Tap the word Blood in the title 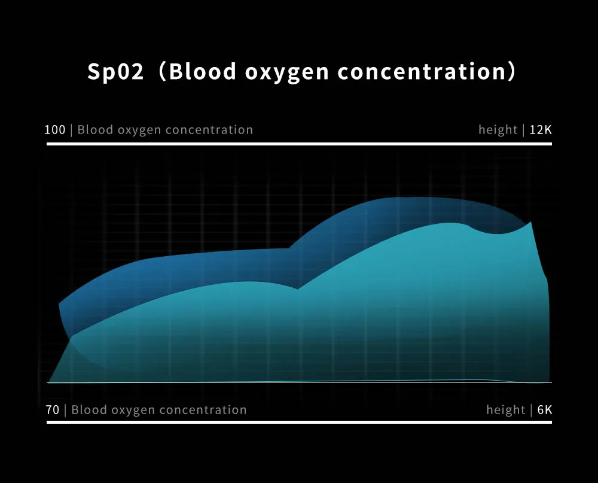[x=203, y=71]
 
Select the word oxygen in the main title [x=287, y=73]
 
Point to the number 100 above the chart [x=55, y=130]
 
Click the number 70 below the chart [x=53, y=410]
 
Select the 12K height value [x=541, y=130]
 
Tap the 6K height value [x=545, y=410]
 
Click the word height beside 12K [x=498, y=130]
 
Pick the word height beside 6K [x=506, y=410]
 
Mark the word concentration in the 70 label [x=203, y=410]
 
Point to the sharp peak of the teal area [x=531, y=222]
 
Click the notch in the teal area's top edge [x=297, y=289]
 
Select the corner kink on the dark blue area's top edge [x=289, y=248]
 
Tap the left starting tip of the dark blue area [x=59, y=304]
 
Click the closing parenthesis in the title [x=512, y=71]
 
